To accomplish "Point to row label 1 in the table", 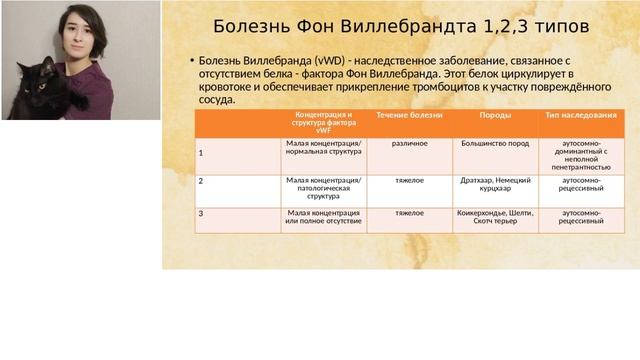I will click(201, 154).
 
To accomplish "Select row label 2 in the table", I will click(201, 181).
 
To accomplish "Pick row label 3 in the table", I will click(201, 213).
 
